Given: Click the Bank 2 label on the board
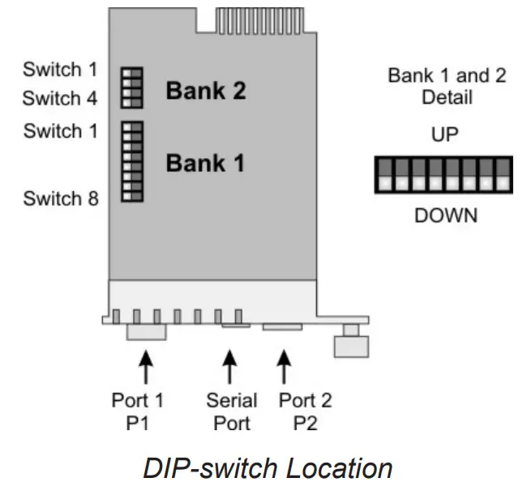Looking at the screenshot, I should [205, 90].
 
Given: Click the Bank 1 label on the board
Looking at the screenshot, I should [205, 163].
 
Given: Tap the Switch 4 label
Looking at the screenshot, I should [60, 99].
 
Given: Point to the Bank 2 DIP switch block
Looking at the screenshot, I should [131, 87].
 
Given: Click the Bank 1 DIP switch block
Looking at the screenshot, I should [131, 161].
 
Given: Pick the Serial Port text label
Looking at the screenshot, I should [231, 411].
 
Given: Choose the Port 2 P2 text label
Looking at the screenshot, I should [305, 411].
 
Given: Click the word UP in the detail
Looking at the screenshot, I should [444, 134].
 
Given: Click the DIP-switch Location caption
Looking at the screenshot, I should [268, 469].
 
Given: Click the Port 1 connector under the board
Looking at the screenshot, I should [146, 331].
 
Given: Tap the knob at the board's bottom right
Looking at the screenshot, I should [351, 343].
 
